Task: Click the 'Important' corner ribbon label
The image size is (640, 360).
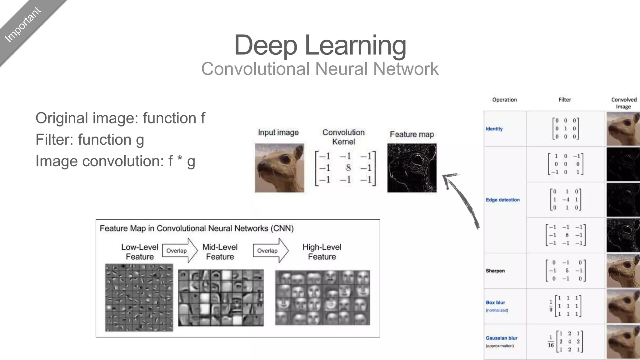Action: pyautogui.click(x=23, y=25)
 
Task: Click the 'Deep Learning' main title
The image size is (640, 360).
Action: pyautogui.click(x=320, y=45)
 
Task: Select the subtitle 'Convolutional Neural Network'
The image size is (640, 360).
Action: pyautogui.click(x=320, y=69)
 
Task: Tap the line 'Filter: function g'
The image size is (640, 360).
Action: pyautogui.click(x=90, y=140)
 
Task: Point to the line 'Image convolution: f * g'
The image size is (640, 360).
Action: pyautogui.click(x=115, y=161)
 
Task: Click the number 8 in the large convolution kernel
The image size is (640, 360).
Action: pyautogui.click(x=348, y=168)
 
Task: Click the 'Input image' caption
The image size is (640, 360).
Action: pyautogui.click(x=278, y=132)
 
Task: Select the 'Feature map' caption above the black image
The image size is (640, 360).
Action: pyautogui.click(x=412, y=134)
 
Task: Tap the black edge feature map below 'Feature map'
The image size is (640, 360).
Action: pyautogui.click(x=412, y=168)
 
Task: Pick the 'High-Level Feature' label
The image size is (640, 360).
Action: pyautogui.click(x=322, y=252)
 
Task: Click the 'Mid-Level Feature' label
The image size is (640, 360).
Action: pyautogui.click(x=220, y=252)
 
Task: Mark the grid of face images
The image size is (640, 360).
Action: pyautogui.click(x=322, y=298)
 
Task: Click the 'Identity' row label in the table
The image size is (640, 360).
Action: pyautogui.click(x=494, y=129)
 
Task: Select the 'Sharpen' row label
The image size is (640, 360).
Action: pyautogui.click(x=495, y=271)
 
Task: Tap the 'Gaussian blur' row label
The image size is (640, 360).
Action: pyautogui.click(x=501, y=338)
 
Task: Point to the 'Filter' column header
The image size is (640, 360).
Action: pyautogui.click(x=564, y=100)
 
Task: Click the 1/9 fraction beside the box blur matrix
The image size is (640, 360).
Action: pyautogui.click(x=551, y=306)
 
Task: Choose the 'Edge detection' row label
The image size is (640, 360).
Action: pyautogui.click(x=502, y=200)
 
